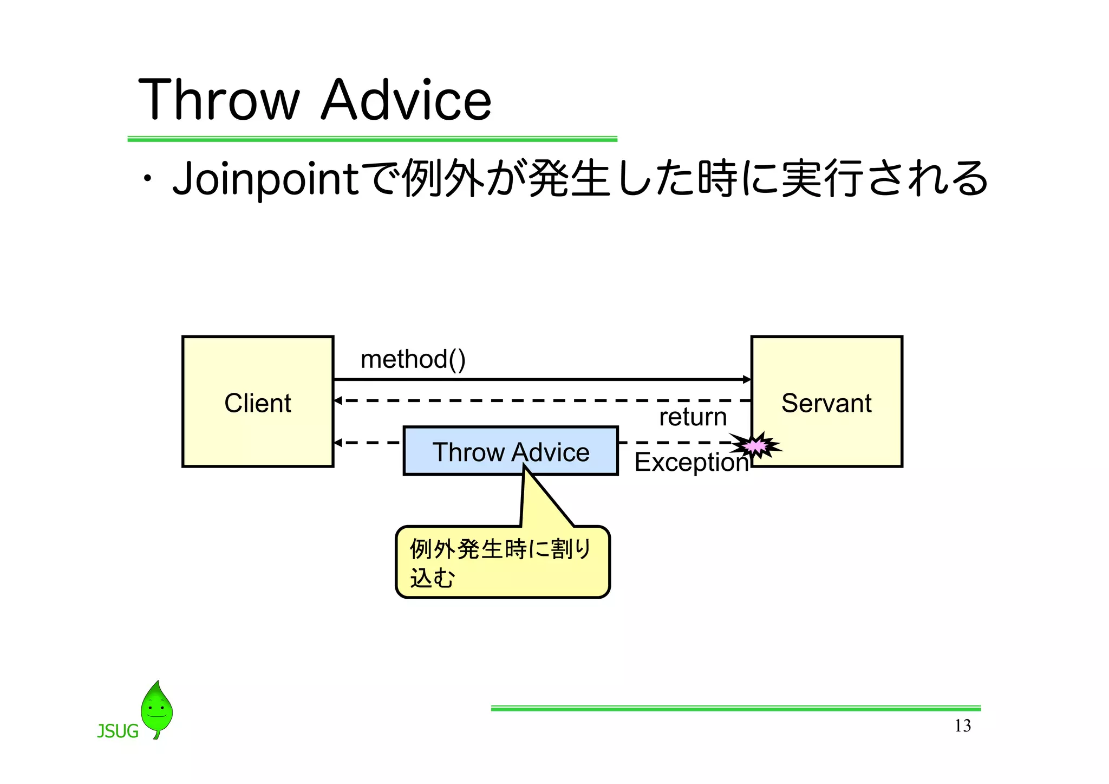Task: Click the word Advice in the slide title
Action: [x=406, y=100]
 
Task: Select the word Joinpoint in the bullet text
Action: [x=265, y=179]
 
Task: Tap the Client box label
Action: [x=258, y=403]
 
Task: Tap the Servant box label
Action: [x=826, y=403]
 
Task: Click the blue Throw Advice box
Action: [x=510, y=451]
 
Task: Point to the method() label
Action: [x=413, y=359]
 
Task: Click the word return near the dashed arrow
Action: [x=693, y=417]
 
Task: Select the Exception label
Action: [x=691, y=462]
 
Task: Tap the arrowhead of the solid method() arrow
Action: [x=747, y=379]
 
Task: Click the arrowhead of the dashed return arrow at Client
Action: [x=338, y=400]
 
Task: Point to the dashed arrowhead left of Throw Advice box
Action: [x=338, y=443]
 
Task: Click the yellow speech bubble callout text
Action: [x=500, y=562]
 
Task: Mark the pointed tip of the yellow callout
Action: [x=525, y=465]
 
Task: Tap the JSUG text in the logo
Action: [x=118, y=731]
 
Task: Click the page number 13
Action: [x=962, y=725]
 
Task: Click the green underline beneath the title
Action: [x=372, y=139]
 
